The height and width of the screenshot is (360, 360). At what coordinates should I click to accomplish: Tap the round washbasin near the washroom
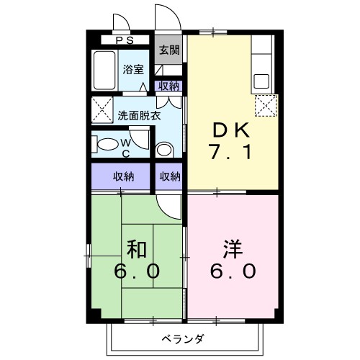(x=165, y=150)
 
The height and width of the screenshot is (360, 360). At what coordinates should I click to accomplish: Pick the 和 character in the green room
(x=138, y=250)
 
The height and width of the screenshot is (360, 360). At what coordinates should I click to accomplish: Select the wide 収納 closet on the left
(x=122, y=176)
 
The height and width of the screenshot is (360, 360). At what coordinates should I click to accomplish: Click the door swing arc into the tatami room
(x=170, y=209)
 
